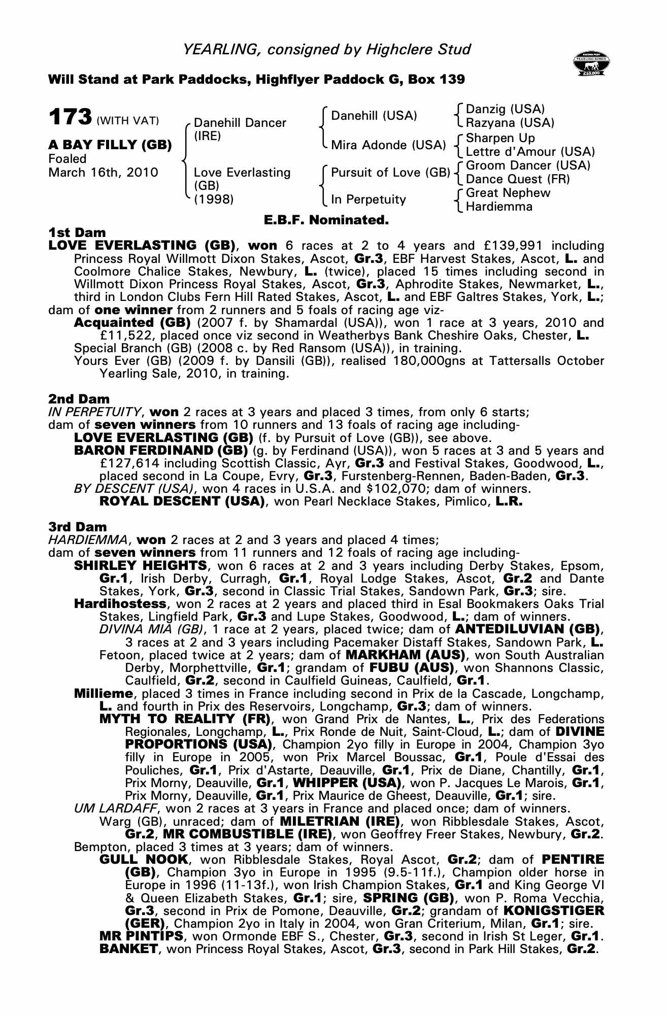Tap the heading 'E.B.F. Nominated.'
[x=326, y=220]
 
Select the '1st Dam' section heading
[x=77, y=233]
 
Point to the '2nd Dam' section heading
[x=79, y=399]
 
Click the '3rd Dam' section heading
[x=78, y=527]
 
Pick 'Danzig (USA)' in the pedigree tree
[x=505, y=109]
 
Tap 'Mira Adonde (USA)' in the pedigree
[x=388, y=145]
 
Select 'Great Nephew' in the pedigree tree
[x=508, y=193]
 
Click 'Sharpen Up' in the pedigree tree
[x=500, y=138]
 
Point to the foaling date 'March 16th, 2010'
[x=103, y=173]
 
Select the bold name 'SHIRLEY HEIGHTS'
[x=140, y=566]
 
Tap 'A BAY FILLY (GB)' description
[x=110, y=145]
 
